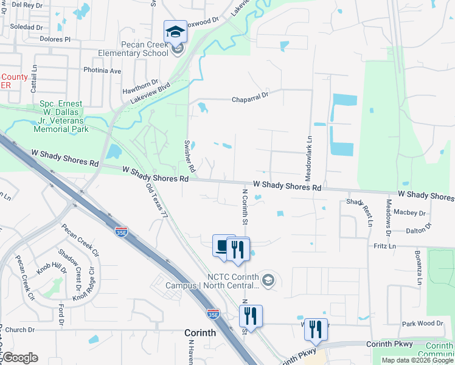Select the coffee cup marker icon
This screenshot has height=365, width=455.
click(221, 246)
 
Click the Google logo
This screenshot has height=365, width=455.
click(19, 358)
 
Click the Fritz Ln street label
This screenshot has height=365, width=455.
click(384, 246)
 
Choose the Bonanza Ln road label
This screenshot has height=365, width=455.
click(419, 267)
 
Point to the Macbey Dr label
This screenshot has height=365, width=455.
click(409, 213)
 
